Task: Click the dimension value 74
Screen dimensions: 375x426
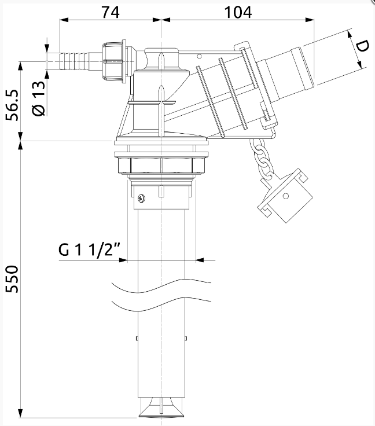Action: click(x=111, y=12)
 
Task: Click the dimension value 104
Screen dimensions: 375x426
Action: click(x=238, y=12)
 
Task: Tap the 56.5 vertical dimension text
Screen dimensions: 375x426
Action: click(x=13, y=105)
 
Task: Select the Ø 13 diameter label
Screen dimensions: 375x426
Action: click(x=39, y=98)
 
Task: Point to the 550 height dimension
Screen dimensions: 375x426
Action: click(x=13, y=279)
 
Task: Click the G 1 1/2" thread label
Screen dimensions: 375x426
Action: click(x=89, y=249)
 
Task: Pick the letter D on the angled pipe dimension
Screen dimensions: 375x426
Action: click(x=362, y=46)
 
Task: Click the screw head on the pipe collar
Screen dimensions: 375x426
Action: click(x=141, y=199)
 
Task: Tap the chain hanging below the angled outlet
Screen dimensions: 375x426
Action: click(x=262, y=159)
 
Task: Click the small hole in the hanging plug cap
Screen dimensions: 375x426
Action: click(x=285, y=196)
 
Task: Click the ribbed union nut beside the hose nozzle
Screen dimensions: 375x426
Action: click(x=114, y=61)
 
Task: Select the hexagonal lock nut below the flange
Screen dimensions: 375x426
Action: click(x=161, y=165)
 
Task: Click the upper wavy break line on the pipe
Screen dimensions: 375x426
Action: click(x=161, y=285)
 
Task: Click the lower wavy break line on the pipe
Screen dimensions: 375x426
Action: click(x=161, y=304)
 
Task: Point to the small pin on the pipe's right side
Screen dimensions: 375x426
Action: click(x=186, y=338)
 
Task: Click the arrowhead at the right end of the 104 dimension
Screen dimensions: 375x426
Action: click(x=310, y=20)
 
